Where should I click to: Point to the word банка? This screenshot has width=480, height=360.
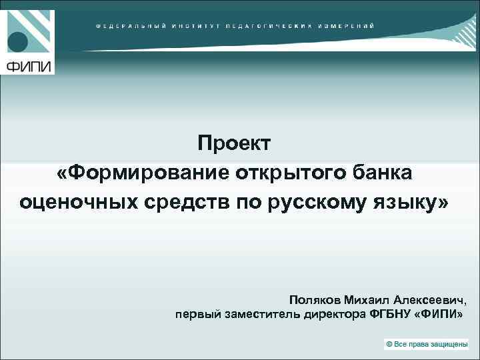[383, 172]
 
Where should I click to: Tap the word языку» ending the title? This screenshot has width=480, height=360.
[412, 201]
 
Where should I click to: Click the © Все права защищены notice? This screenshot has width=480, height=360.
[427, 343]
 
